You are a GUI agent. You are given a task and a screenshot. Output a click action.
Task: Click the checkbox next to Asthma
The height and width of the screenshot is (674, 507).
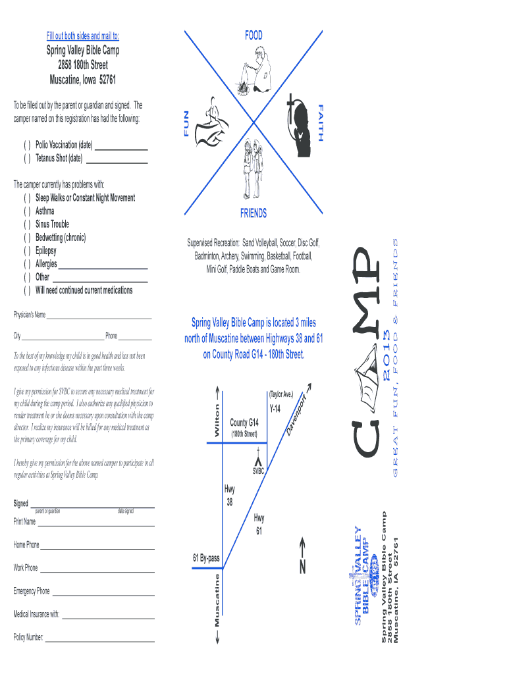click(27, 211)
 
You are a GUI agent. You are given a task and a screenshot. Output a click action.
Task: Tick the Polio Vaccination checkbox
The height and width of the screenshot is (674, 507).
click(27, 145)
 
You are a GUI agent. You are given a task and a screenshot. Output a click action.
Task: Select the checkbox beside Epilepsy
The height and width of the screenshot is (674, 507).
click(27, 251)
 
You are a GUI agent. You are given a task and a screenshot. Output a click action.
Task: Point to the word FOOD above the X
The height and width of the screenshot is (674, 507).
click(254, 36)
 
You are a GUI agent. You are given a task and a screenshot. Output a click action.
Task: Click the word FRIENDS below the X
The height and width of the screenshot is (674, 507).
click(254, 214)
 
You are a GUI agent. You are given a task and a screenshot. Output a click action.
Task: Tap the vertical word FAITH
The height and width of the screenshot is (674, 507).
click(321, 122)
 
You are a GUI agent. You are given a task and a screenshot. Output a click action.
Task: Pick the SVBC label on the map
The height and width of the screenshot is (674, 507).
click(259, 471)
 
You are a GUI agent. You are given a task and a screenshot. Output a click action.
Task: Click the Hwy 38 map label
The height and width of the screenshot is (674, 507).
click(230, 495)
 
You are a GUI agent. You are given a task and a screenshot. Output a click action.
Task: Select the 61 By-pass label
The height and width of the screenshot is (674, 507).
click(206, 559)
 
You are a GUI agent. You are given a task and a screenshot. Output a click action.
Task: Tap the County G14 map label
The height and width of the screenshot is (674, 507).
click(244, 423)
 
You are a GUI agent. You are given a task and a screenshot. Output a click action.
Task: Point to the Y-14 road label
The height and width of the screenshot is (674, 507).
click(275, 409)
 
